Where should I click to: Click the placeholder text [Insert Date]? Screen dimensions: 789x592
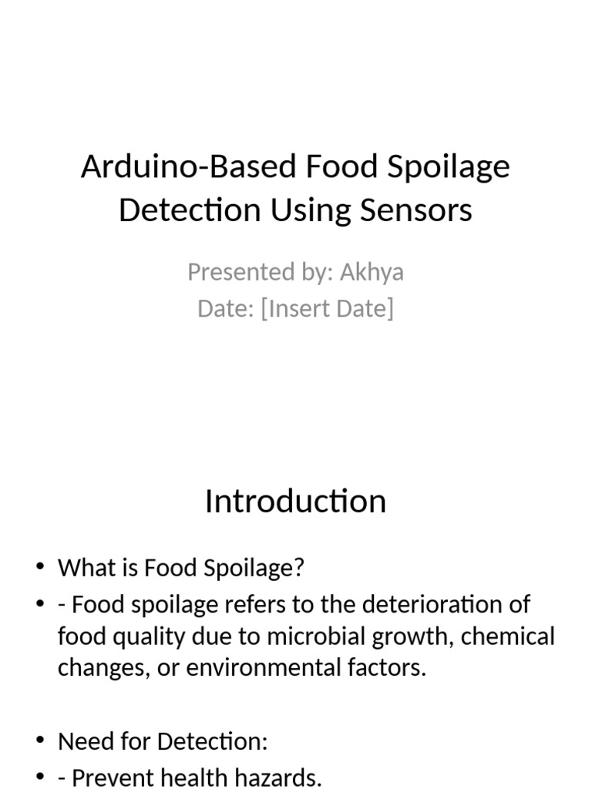click(x=328, y=308)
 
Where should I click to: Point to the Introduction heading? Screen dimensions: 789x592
click(x=295, y=502)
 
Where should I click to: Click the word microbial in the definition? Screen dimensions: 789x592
click(x=314, y=637)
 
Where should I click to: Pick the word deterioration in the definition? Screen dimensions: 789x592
click(x=439, y=605)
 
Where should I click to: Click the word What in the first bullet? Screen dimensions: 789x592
click(x=83, y=569)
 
